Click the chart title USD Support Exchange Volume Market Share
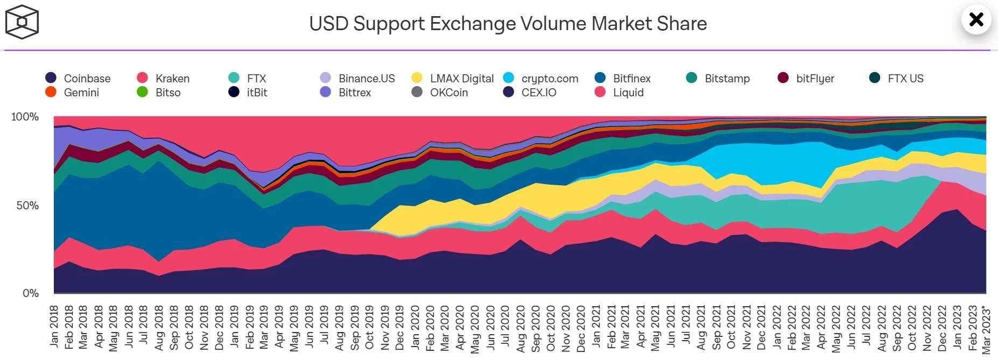[508, 24]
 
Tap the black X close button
[976, 20]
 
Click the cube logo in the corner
[22, 22]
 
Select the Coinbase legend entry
[79, 78]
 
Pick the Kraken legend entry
[164, 78]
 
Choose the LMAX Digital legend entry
[453, 78]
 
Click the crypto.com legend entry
[541, 78]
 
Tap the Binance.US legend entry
[357, 78]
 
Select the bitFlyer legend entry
[806, 78]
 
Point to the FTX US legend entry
[897, 78]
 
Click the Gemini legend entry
[73, 92]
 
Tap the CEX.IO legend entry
[530, 92]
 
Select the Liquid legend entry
[620, 92]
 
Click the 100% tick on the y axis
[25, 117]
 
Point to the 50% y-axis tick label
[27, 206]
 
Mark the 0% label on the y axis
[31, 293]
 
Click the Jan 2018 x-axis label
[54, 326]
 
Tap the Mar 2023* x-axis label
[986, 330]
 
